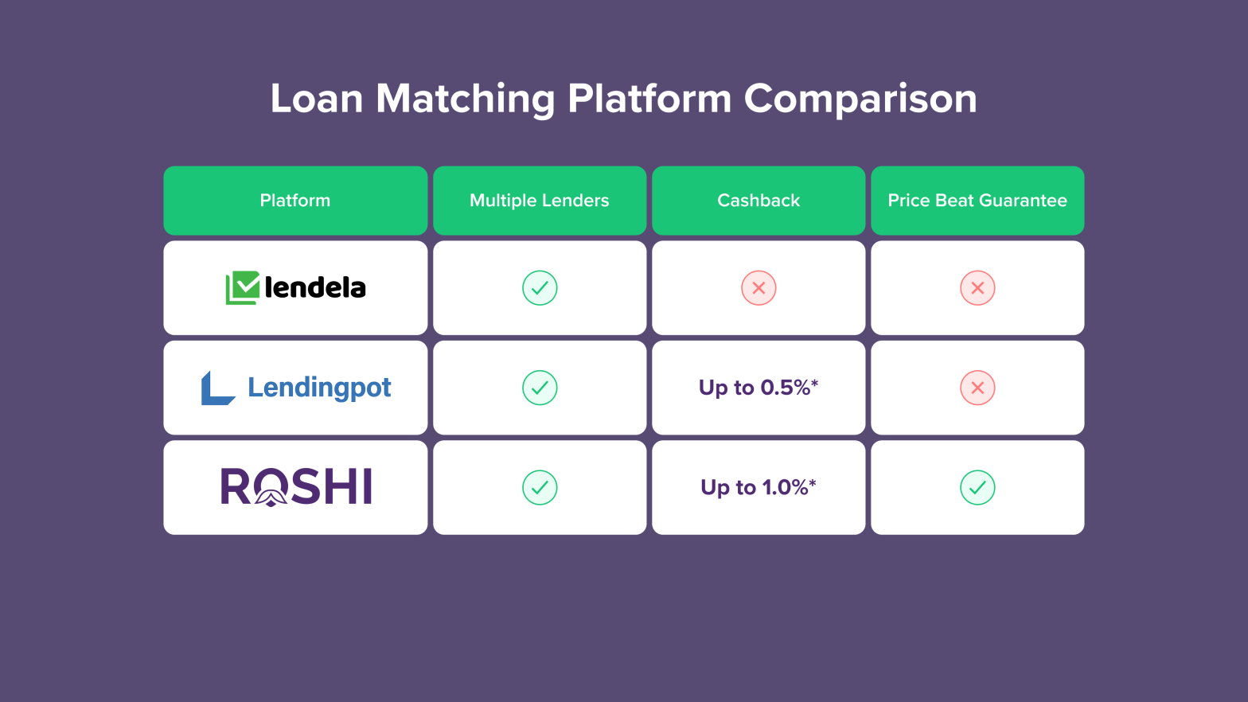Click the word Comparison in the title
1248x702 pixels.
[x=860, y=99]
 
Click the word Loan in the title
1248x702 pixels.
[x=316, y=99]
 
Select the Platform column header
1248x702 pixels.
[x=295, y=201]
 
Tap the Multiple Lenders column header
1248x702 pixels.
[x=540, y=201]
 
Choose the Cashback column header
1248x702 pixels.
[x=759, y=201]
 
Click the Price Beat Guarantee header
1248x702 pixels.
[x=977, y=201]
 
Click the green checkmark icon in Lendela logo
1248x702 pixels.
[x=243, y=287]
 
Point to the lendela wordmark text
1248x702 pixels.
[x=315, y=287]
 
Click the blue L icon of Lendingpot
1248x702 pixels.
[x=217, y=388]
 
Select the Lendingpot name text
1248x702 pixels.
[x=319, y=388]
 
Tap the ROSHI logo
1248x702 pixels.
[x=295, y=487]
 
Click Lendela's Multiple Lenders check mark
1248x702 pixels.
[x=540, y=288]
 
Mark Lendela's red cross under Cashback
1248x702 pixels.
[x=759, y=288]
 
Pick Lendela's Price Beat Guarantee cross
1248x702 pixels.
[x=977, y=288]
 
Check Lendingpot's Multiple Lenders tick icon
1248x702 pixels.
[x=540, y=388]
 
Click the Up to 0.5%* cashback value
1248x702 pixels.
[x=759, y=388]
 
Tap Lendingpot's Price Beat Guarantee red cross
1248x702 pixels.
[x=977, y=388]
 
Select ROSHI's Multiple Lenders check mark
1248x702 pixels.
[x=540, y=487]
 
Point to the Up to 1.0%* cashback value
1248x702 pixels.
[x=759, y=487]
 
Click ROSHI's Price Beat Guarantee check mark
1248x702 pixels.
[x=977, y=487]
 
